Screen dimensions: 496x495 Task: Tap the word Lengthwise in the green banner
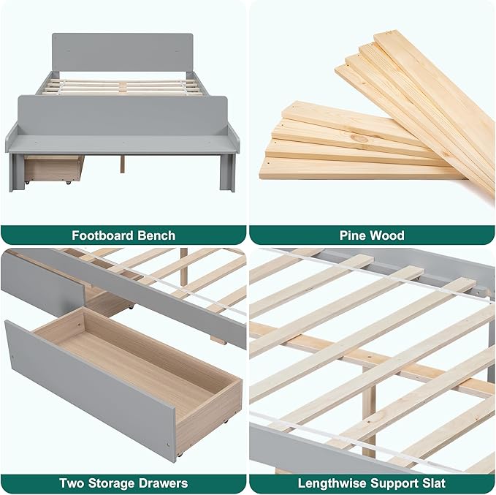tap(332, 483)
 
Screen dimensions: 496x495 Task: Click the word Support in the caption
tap(395, 484)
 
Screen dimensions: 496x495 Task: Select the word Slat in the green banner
tap(435, 483)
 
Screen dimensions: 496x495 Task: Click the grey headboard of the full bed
tap(123, 53)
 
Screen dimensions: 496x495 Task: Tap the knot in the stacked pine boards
tap(362, 138)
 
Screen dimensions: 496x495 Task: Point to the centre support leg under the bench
tap(123, 164)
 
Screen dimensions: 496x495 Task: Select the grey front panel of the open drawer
tap(89, 390)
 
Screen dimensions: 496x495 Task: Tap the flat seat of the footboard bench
tap(123, 144)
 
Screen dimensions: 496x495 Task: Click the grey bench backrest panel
tap(123, 116)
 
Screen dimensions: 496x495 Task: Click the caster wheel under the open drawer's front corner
tap(180, 455)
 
